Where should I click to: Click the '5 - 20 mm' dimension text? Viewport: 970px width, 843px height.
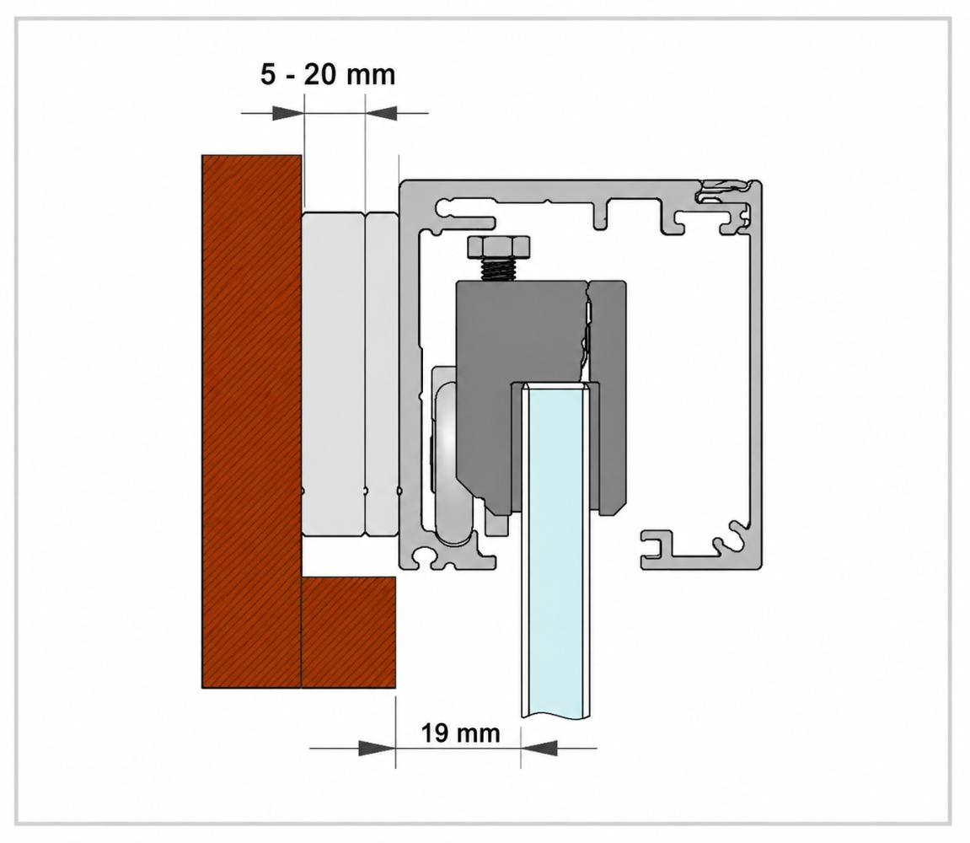click(327, 75)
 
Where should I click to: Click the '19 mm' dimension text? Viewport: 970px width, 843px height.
click(460, 733)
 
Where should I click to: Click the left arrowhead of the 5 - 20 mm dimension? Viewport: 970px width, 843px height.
click(288, 113)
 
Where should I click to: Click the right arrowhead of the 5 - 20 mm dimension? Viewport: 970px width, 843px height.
click(381, 113)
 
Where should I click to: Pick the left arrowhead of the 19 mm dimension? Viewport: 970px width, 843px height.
click(377, 748)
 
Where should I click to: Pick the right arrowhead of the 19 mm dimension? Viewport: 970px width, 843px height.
click(539, 748)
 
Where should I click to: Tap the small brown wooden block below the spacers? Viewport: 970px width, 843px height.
click(348, 632)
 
